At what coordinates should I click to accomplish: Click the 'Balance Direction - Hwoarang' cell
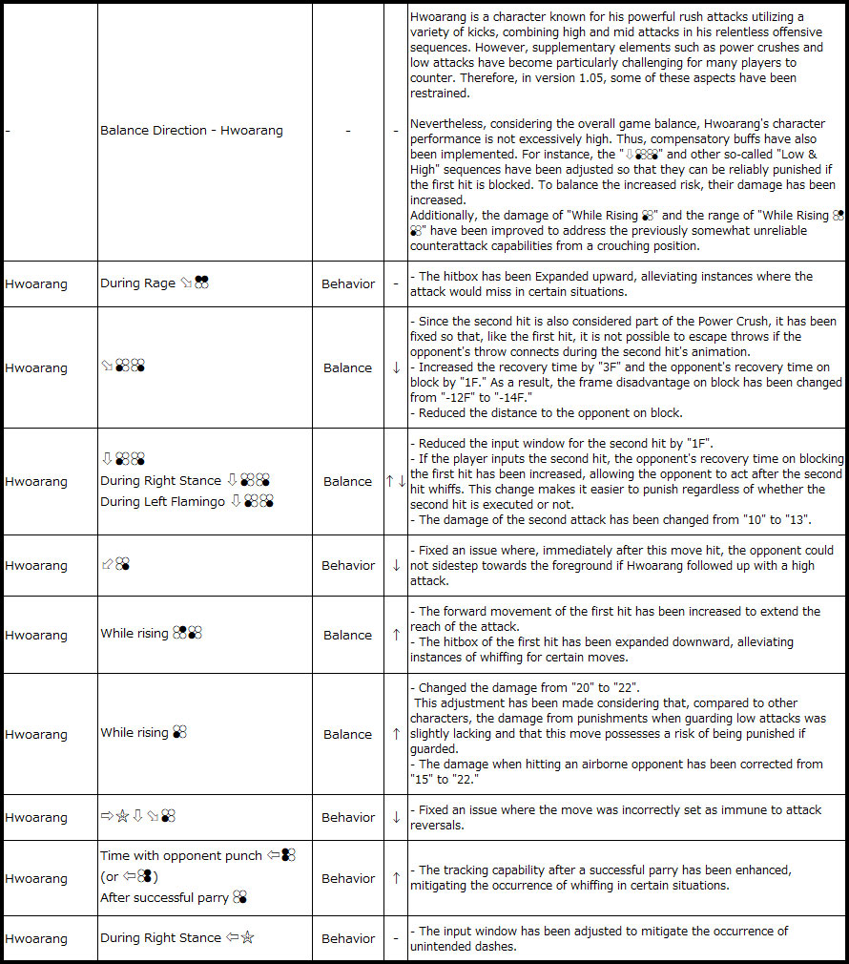click(x=192, y=130)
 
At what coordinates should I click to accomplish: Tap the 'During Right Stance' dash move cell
click(x=177, y=938)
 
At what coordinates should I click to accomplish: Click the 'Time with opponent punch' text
click(x=181, y=855)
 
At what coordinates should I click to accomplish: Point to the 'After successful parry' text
click(x=164, y=897)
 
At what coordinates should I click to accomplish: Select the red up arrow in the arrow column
click(x=390, y=481)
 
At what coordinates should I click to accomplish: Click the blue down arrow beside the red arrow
click(x=402, y=481)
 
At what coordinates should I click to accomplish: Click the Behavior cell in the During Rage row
click(x=347, y=283)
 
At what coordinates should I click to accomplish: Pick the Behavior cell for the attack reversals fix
click(x=347, y=817)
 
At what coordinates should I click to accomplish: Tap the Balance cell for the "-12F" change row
click(x=347, y=367)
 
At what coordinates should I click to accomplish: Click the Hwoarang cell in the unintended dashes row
click(x=36, y=938)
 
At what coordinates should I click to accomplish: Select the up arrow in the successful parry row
click(x=396, y=878)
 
